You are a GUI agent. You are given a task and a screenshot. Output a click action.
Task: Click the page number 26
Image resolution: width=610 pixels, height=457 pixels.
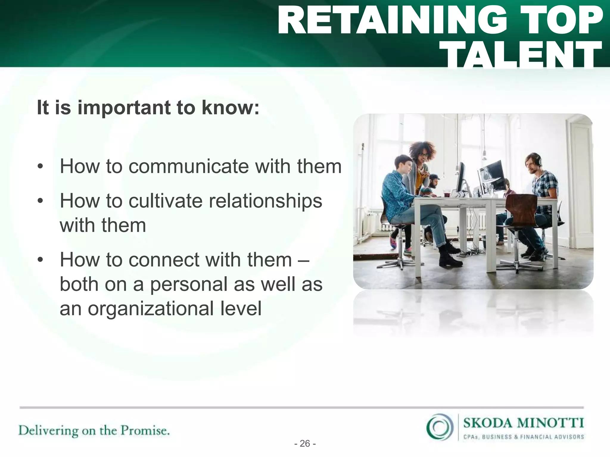point(305,444)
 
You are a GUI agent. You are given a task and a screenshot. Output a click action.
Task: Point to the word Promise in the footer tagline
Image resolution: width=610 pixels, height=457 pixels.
point(145,431)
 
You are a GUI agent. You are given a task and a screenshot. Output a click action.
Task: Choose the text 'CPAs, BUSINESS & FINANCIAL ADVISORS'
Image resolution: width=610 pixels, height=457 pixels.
point(523,437)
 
